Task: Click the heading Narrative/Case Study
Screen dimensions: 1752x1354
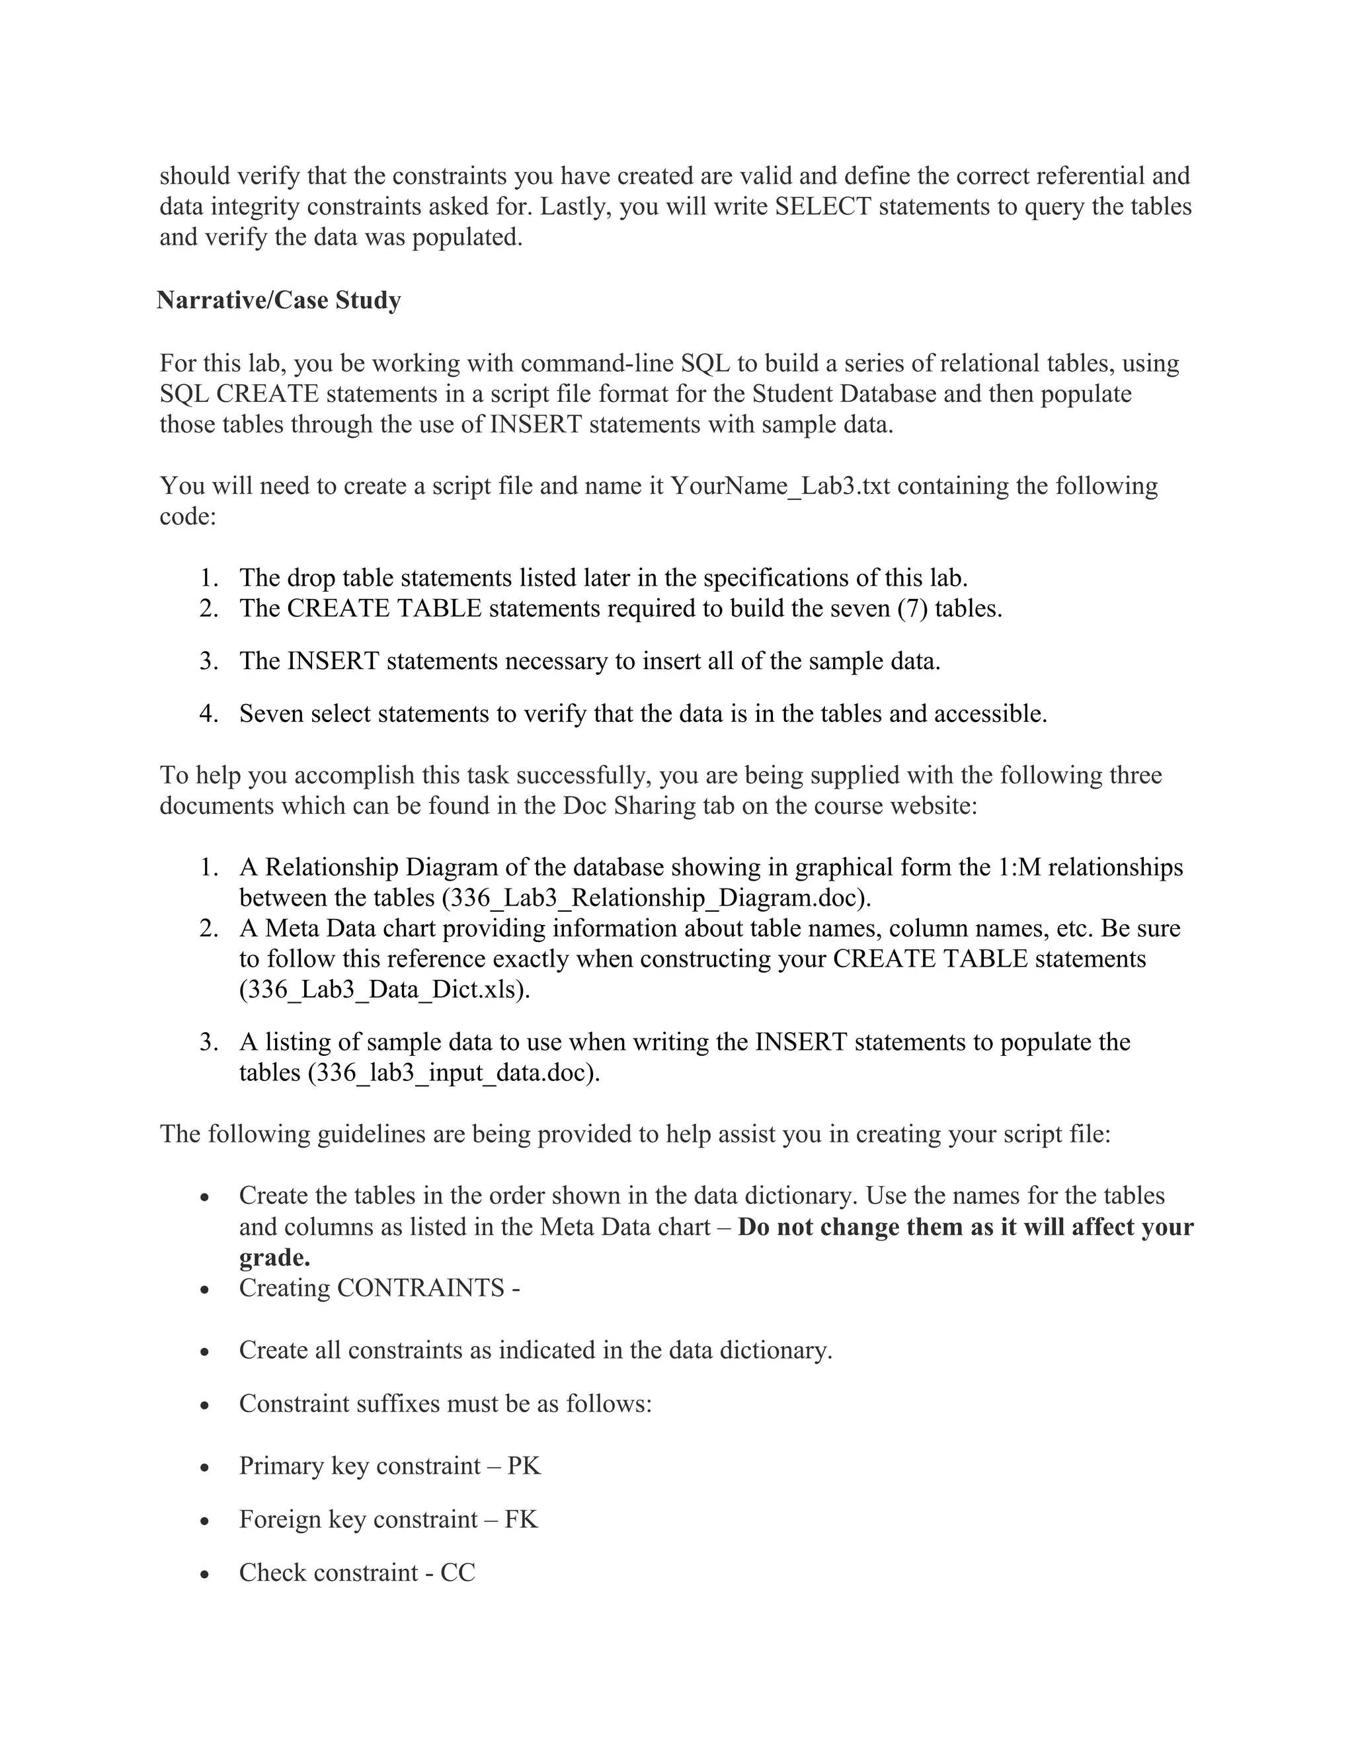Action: [278, 300]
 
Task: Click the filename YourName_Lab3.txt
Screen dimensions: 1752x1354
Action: [779, 486]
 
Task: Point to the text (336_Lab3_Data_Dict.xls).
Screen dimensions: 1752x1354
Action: [384, 990]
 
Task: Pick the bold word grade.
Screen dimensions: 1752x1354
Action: [274, 1257]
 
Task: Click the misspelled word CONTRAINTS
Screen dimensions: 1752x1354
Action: [420, 1287]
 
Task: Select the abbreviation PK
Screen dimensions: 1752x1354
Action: [524, 1466]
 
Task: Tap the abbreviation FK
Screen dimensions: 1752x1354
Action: [522, 1519]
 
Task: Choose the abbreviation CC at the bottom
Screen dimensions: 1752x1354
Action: [458, 1572]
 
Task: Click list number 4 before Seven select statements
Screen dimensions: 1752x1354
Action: [208, 714]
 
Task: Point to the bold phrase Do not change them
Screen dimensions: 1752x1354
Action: [851, 1227]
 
